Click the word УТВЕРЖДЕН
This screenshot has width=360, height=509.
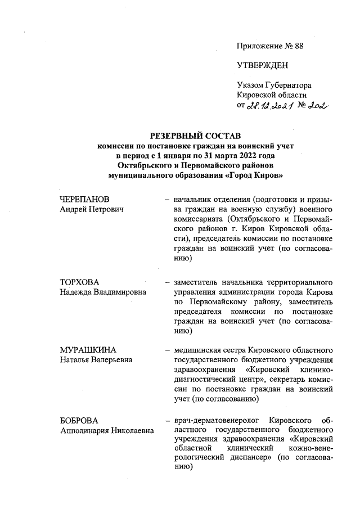262,65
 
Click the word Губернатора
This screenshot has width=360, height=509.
287,85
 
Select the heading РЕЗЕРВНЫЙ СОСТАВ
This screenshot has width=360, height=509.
194,136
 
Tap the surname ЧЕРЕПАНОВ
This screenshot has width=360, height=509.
84,200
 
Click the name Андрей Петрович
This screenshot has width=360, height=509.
92,209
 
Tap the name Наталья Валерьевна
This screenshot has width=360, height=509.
96,360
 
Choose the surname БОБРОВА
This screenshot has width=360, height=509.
79,420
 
